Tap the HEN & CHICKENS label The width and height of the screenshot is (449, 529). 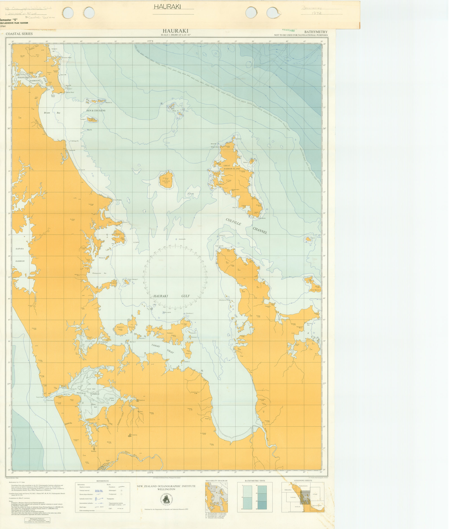(96, 111)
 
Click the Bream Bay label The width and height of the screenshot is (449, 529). (52, 113)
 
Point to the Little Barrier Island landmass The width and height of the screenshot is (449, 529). (166, 180)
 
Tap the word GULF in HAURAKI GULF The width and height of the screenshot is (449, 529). (185, 296)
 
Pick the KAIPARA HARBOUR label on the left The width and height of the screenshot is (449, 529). (20, 255)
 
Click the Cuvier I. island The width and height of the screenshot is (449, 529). (308, 239)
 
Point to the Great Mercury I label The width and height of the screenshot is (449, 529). (315, 290)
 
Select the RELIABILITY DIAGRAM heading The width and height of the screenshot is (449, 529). (216, 481)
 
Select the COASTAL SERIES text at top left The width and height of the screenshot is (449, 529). (19, 34)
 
